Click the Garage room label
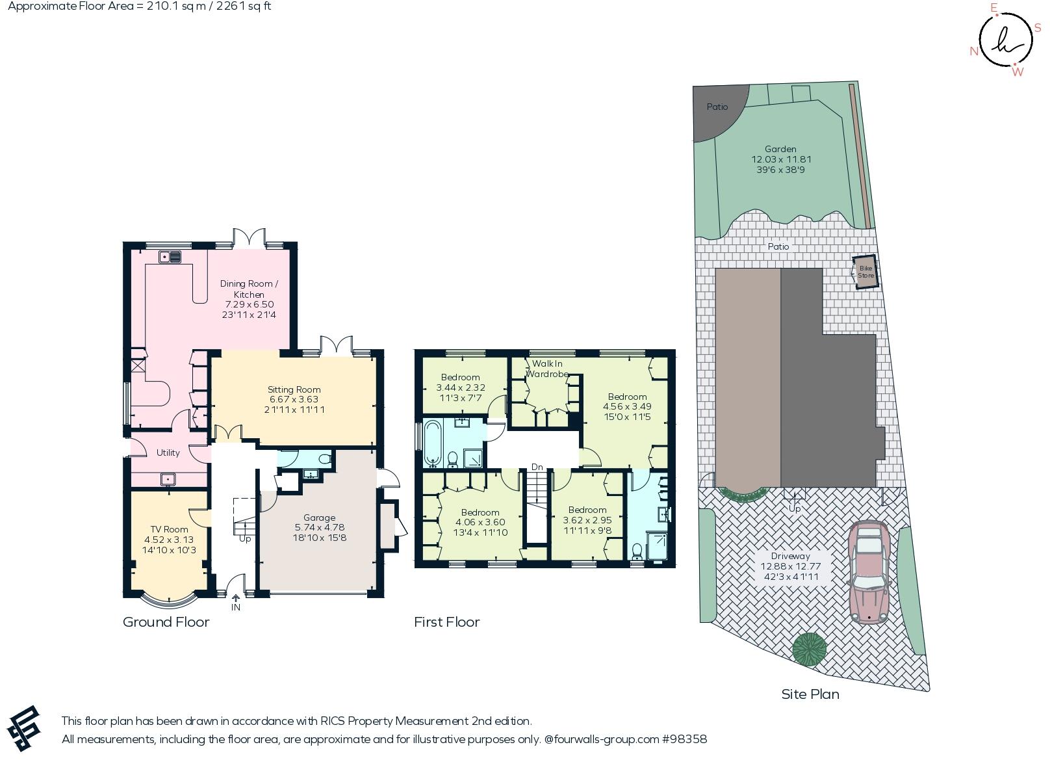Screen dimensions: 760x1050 319,518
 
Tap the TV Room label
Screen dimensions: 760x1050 169,529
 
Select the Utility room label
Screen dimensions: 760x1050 168,452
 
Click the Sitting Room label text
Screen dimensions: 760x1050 294,389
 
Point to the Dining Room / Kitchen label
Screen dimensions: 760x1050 249,289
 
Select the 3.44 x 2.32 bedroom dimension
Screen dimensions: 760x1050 460,387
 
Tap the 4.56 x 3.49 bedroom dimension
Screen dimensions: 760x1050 627,406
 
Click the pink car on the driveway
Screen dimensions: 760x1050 869,572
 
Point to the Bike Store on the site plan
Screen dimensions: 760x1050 865,272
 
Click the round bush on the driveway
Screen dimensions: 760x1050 809,648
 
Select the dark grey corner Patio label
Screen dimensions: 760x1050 717,107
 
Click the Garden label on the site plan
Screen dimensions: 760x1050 780,149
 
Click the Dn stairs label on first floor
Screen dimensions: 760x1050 537,467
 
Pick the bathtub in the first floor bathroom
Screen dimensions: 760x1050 432,444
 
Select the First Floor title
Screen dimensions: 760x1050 446,622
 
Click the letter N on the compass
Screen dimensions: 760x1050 974,51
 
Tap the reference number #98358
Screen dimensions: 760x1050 684,739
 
